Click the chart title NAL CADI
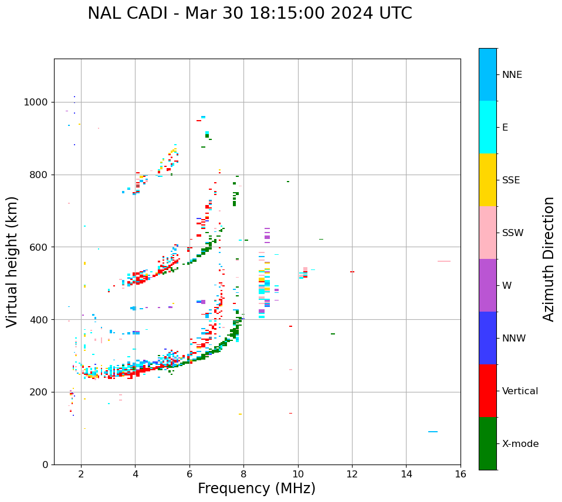[249, 13]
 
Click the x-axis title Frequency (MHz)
[256, 489]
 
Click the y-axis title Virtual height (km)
[12, 261]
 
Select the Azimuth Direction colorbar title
[549, 258]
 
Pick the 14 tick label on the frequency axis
[406, 474]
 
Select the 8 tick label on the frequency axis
[243, 474]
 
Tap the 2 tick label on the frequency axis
[81, 474]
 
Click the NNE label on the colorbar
[512, 75]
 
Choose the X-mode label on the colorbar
[520, 444]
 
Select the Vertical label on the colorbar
[520, 391]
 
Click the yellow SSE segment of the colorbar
[487, 180]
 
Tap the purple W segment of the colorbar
[487, 285]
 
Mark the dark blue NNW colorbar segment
[487, 338]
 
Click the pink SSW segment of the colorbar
[487, 233]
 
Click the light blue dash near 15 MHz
[433, 432]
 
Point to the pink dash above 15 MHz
[444, 261]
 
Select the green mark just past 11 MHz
[333, 334]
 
